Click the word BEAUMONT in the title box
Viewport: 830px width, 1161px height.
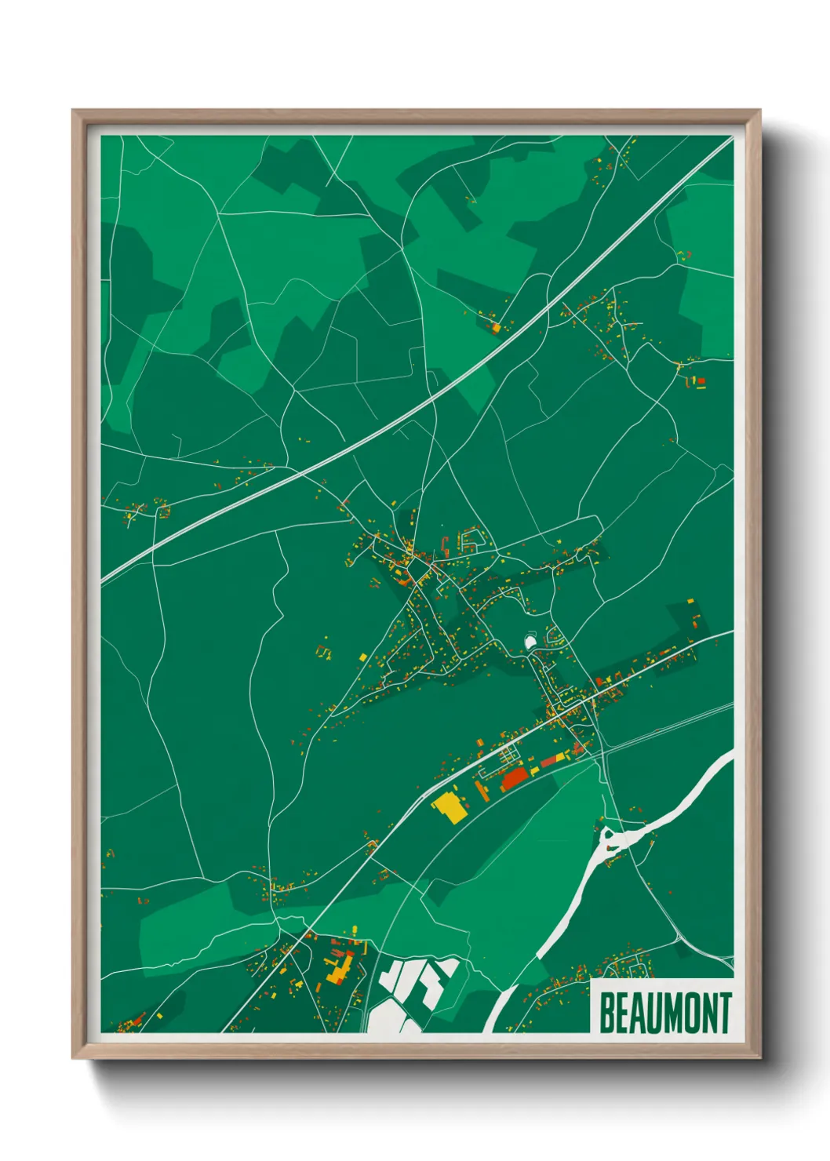[665, 1013]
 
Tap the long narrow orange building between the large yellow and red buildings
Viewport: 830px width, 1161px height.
[480, 788]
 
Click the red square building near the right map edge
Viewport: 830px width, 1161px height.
[701, 381]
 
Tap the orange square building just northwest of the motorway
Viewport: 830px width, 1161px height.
[495, 326]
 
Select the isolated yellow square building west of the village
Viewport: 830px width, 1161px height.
[362, 657]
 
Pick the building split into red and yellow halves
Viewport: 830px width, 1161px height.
[552, 758]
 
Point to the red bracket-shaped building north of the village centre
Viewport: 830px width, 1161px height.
[446, 543]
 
